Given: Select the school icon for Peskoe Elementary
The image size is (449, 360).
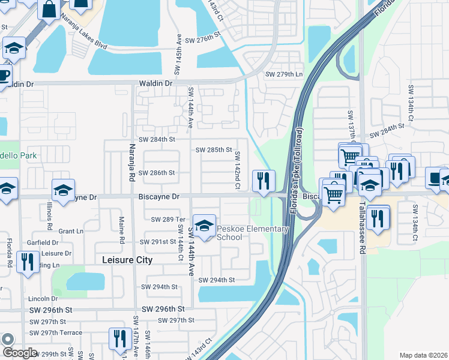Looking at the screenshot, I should coord(204,227).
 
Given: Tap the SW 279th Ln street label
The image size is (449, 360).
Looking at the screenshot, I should coord(284,74).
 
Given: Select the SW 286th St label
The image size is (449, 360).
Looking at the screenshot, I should coord(157,173).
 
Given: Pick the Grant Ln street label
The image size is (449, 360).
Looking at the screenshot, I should coord(71,231).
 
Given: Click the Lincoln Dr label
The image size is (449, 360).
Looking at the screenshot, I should coord(43,298).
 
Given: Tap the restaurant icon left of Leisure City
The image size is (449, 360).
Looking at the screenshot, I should coord(27,262).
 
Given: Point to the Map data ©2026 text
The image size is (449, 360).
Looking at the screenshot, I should coord(423,355).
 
